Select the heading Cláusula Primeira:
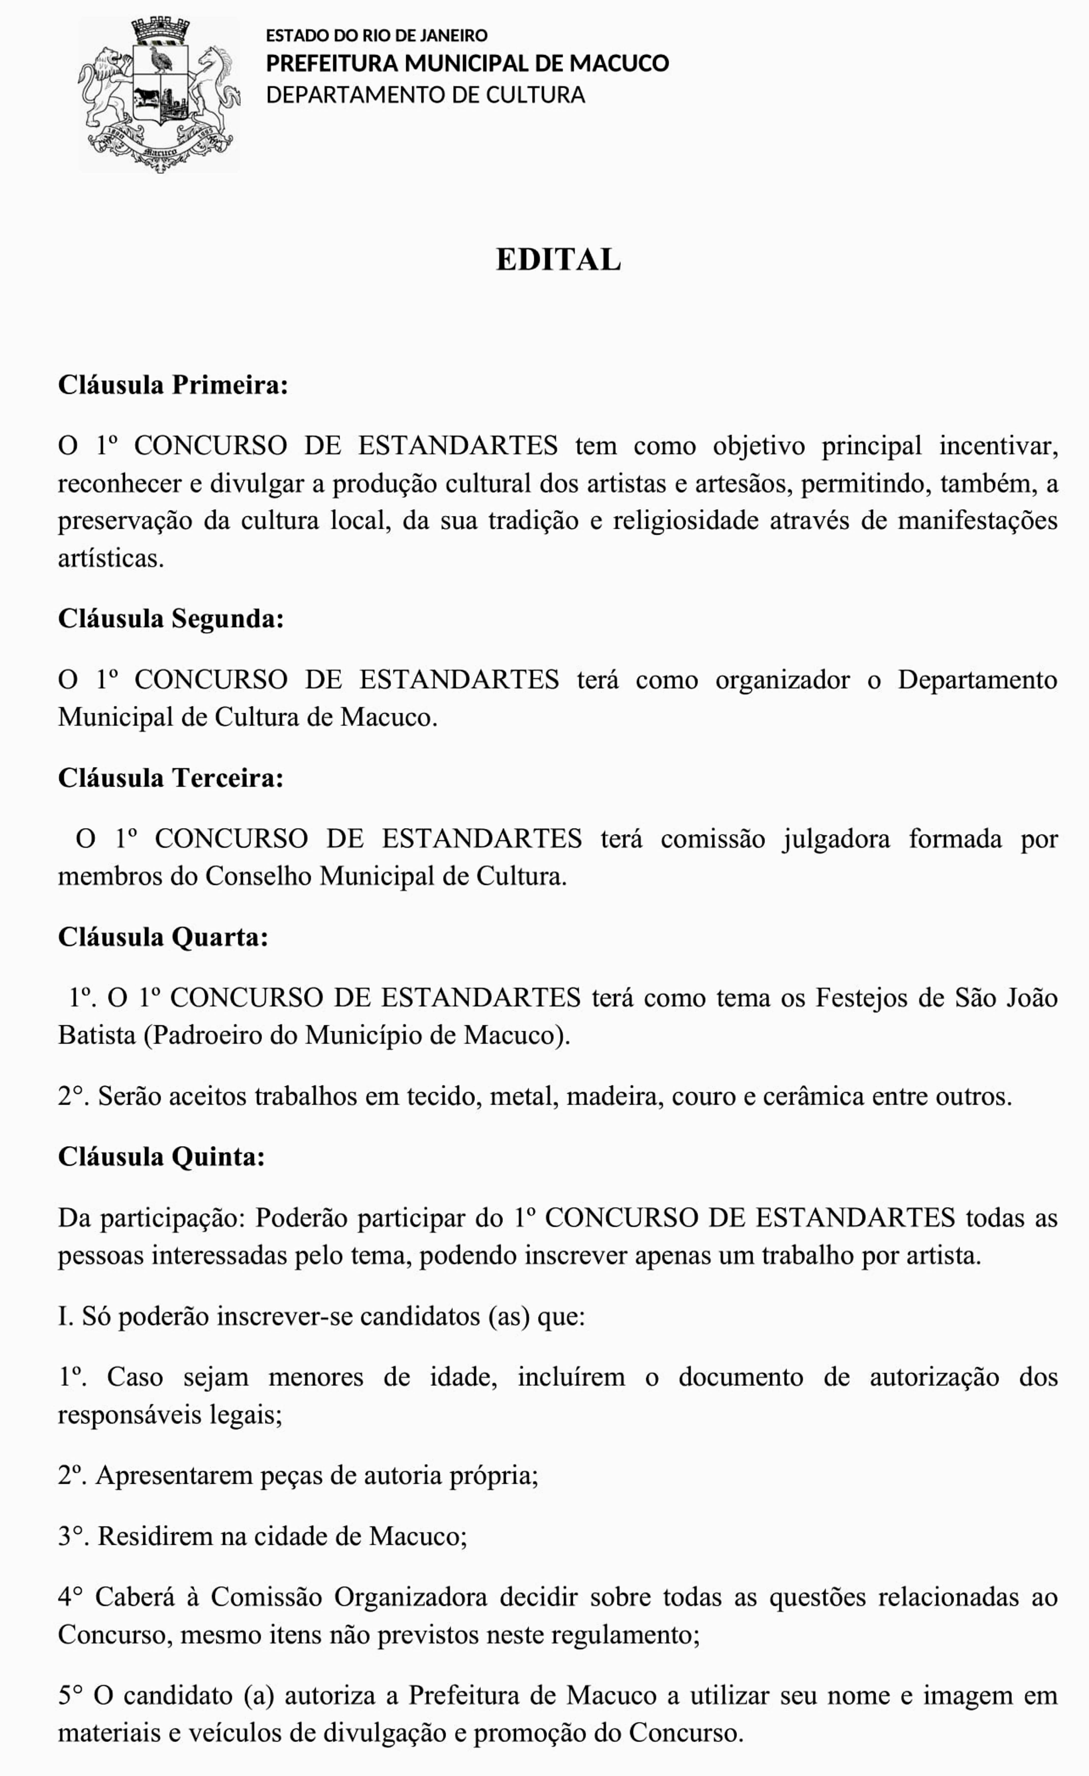coord(173,385)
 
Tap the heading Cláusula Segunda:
coord(171,619)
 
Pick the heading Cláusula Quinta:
coord(162,1157)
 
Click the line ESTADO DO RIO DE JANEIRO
coord(376,35)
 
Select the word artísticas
coord(110,559)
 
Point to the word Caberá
coord(135,1597)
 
